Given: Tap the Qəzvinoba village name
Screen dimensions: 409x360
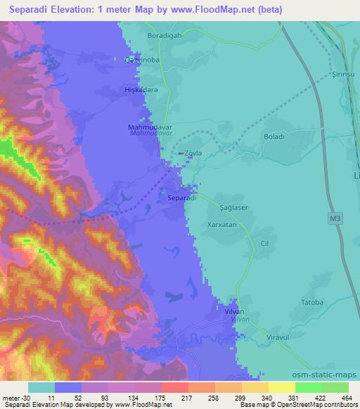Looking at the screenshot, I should coord(139,59).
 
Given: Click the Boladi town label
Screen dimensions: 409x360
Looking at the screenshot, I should coord(273,137).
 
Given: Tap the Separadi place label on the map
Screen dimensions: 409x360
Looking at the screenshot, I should coord(181,199).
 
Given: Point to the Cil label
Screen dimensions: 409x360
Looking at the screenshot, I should coord(265,243).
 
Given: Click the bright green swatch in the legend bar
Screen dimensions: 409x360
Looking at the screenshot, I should coord(308,387).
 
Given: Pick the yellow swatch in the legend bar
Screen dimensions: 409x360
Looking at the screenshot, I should coord(281,387).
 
